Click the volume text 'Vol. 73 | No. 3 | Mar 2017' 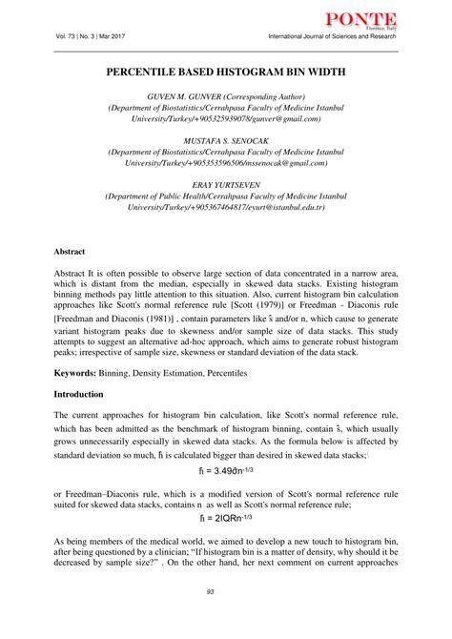(x=97, y=37)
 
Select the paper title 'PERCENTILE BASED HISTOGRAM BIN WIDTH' (x=226, y=72)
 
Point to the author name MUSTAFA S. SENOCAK (x=226, y=139)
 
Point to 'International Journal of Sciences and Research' (x=328, y=37)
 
